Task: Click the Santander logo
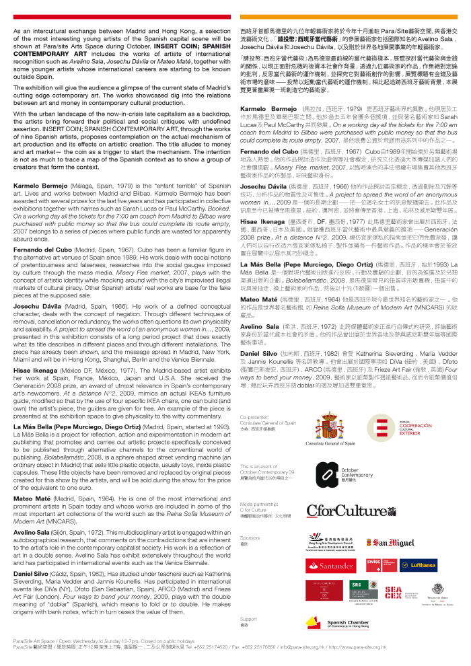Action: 330,566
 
